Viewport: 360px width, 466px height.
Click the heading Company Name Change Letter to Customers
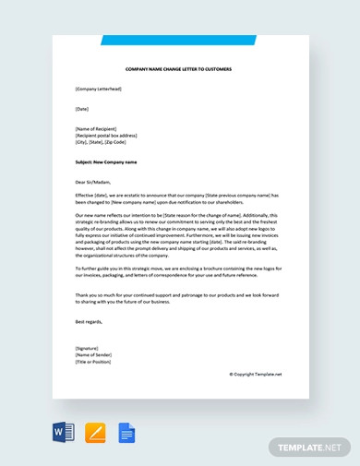(178, 69)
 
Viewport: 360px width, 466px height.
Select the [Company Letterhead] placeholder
(98, 89)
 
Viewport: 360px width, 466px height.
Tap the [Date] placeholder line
(82, 109)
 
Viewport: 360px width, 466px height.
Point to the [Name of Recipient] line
(96, 129)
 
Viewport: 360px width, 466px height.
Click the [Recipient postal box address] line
(106, 136)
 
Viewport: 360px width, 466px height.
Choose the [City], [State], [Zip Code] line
(101, 142)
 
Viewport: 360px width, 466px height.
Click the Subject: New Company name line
(106, 161)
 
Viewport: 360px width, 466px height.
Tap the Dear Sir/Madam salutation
(93, 182)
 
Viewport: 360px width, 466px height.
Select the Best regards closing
(89, 321)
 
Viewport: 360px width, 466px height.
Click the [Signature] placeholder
(88, 348)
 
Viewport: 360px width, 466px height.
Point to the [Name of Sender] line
(92, 354)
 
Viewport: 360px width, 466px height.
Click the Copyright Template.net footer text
(255, 374)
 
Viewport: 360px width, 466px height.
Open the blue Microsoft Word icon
(64, 432)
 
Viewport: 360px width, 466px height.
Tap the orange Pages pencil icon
(95, 432)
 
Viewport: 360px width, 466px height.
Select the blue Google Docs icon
(126, 432)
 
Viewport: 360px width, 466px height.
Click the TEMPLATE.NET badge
(310, 447)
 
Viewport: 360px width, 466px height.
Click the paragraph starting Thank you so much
(178, 298)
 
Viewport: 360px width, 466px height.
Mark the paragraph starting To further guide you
(178, 271)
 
